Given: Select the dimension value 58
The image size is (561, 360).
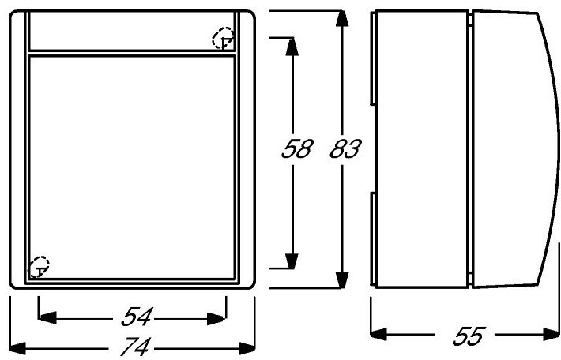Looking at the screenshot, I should pos(298,150).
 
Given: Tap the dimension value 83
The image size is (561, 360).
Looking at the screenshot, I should pos(345,150).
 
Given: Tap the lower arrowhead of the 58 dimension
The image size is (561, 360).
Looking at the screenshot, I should pos(291,260).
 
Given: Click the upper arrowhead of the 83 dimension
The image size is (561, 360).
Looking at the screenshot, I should pos(341,20).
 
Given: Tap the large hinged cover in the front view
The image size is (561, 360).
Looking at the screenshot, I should pos(131,166).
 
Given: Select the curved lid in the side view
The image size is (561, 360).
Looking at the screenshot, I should pos(506,150).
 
